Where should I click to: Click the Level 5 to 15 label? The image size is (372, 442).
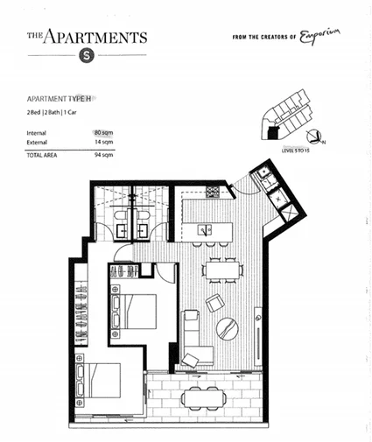298,151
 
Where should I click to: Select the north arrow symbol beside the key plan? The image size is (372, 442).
320,138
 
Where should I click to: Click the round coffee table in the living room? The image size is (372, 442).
228,327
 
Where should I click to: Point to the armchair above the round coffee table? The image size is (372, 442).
214,302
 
